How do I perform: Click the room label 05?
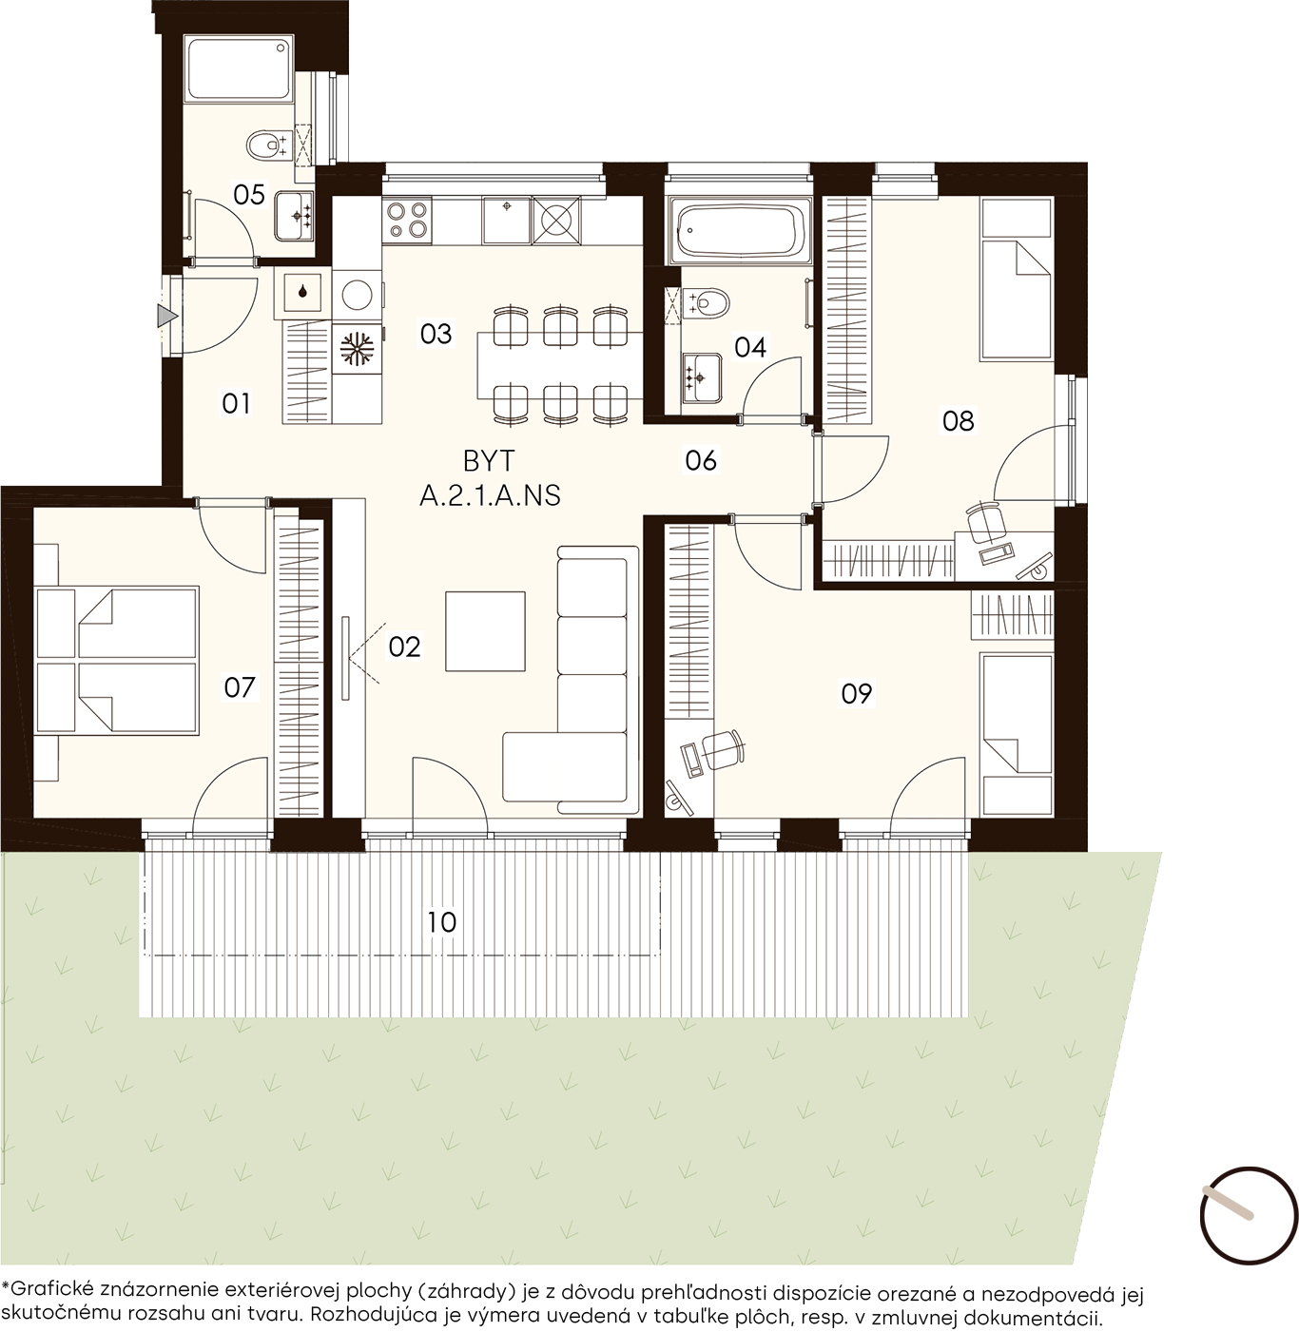248,195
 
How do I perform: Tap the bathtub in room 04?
738,231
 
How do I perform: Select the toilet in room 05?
268,145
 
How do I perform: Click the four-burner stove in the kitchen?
407,221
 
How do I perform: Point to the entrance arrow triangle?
167,317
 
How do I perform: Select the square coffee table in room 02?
486,631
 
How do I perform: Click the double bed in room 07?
117,660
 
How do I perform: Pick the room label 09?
856,694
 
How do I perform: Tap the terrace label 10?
441,922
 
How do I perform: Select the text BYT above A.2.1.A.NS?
489,461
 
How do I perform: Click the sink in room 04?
702,377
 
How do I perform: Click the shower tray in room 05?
239,69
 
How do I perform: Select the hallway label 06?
701,461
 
